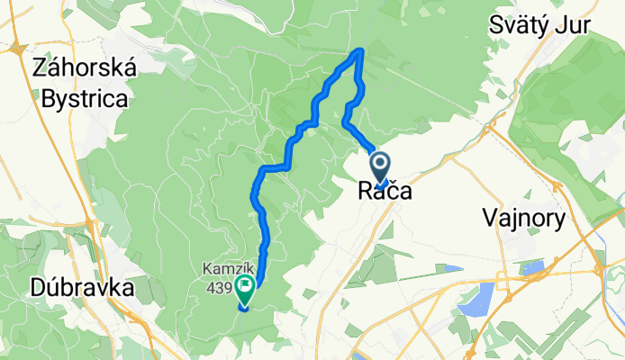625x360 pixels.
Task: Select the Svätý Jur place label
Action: [x=539, y=25]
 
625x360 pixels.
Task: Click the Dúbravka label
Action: [x=69, y=288]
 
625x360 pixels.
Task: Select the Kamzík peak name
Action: [x=222, y=268]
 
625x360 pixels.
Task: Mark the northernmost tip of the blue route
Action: [x=361, y=50]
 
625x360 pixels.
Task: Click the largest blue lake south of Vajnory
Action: [x=476, y=299]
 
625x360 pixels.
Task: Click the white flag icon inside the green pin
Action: [x=245, y=289]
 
